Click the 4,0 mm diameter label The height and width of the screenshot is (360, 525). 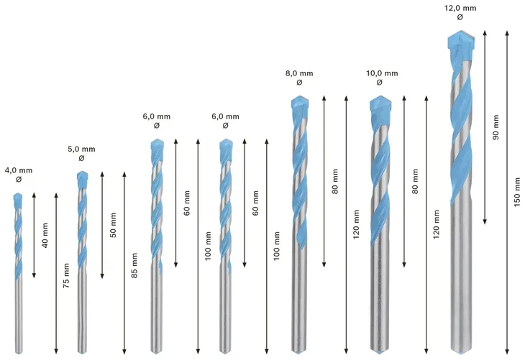pos(19,170)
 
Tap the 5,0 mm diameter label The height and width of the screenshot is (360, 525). pos(81,149)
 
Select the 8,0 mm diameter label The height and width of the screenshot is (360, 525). pos(299,73)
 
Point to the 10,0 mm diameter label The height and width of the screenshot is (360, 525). pos(382,73)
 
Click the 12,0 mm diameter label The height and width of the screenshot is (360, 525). pos(460,8)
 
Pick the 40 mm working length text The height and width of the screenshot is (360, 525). pos(45,235)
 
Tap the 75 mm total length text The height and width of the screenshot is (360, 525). pos(66,275)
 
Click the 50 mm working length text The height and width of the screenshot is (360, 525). pos(113,225)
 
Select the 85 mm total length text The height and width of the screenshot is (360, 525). pos(134,265)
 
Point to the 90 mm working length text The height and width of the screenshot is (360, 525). pos(496,127)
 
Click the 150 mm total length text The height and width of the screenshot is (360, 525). pos(517,192)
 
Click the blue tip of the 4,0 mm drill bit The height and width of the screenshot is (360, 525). pos(18,200)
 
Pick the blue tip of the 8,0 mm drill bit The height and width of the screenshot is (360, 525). pos(300,106)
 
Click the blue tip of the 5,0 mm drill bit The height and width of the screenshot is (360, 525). pos(82,180)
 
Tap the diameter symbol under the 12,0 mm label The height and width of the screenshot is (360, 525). pos(460,17)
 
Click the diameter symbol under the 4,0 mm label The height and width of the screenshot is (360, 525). pos(19,180)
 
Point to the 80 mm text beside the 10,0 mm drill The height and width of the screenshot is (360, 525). pos(415,181)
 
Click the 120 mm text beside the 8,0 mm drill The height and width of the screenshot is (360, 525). pos(356,224)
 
